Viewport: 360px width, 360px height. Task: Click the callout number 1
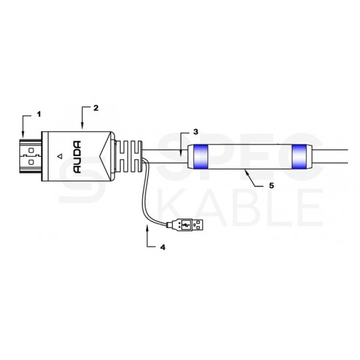coord(39,114)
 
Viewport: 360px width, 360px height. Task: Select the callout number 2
coord(96,108)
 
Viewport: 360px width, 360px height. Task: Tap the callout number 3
coord(195,132)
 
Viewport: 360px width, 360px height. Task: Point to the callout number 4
coord(163,247)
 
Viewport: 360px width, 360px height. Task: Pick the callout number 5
coord(271,185)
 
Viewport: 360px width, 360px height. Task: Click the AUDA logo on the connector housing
coord(77,157)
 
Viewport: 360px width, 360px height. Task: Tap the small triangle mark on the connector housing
coord(60,157)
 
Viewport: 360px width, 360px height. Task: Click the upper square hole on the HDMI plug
coord(31,151)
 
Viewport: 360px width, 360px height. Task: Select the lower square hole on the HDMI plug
coord(31,162)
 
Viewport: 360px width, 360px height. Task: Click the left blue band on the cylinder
coord(201,157)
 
